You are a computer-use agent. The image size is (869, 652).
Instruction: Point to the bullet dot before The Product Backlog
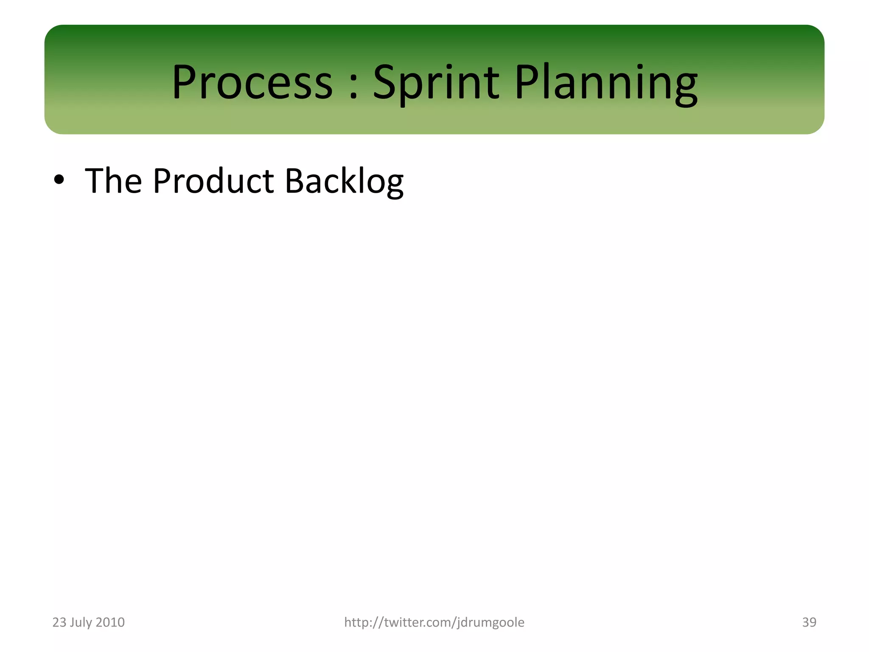[59, 181]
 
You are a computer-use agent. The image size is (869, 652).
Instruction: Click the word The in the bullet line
[113, 181]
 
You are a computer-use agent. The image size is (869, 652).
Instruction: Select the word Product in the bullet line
[213, 181]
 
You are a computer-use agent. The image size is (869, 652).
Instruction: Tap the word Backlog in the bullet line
[344, 181]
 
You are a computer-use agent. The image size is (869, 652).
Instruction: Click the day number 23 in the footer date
[59, 622]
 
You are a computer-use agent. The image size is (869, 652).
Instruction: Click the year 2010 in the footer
[110, 622]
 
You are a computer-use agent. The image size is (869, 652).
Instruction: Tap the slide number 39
[809, 622]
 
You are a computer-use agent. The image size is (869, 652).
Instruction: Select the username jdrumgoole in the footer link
[491, 622]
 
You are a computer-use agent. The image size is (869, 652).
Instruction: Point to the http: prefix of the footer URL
[358, 622]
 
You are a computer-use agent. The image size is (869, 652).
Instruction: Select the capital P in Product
[162, 181]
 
